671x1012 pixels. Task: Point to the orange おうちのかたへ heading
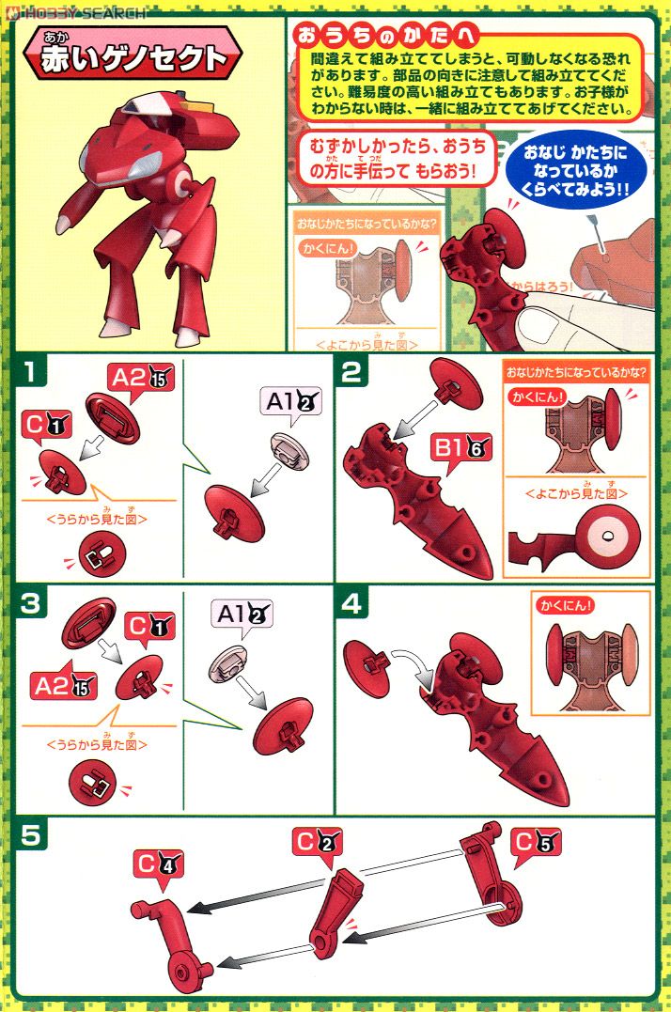(x=386, y=37)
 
